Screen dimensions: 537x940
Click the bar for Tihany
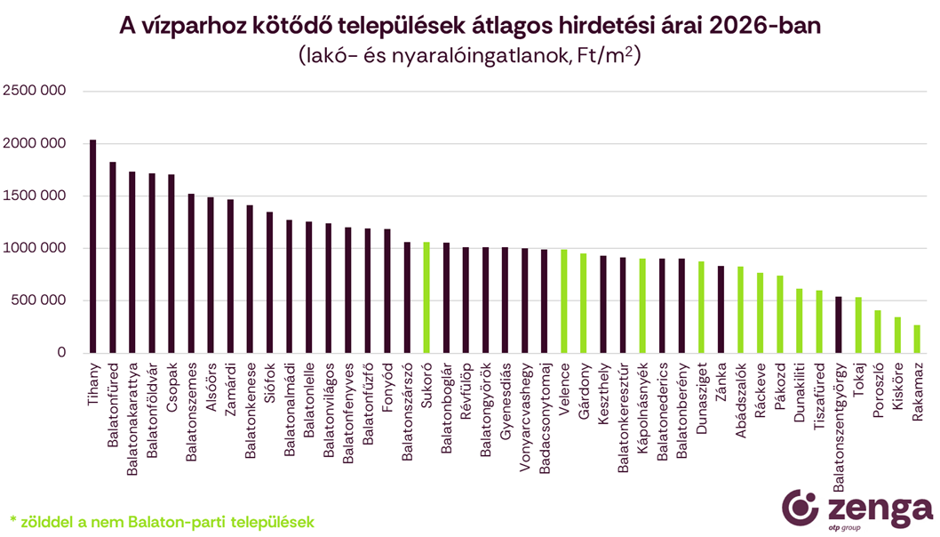[x=93, y=246]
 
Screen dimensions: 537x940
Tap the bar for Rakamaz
[x=917, y=339]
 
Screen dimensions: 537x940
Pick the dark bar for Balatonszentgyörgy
[x=839, y=325]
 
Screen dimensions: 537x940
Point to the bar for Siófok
[x=269, y=282]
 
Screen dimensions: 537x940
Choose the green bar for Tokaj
[x=858, y=325]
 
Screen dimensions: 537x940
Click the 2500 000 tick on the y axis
[x=35, y=92]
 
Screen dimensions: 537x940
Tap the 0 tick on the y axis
[x=61, y=353]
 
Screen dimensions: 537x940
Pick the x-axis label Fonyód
[x=387, y=382]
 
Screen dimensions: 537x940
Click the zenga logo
[x=856, y=509]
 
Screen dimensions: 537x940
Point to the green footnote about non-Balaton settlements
[x=162, y=520]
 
